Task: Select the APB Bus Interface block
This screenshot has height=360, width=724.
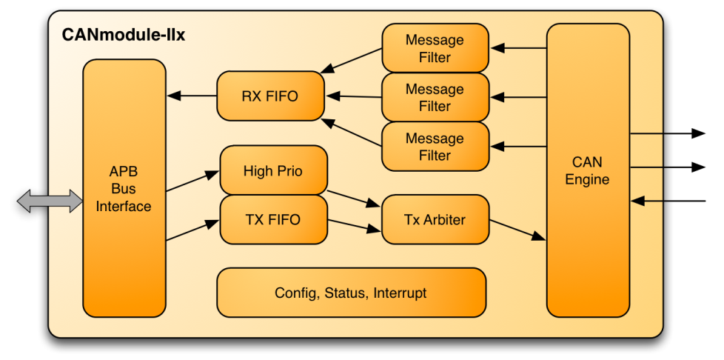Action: point(124,188)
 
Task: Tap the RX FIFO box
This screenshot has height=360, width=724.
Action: point(270,96)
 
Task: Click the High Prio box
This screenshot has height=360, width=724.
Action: point(273,171)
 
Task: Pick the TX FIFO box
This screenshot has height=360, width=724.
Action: point(273,219)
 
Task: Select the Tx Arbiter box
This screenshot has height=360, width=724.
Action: point(435,219)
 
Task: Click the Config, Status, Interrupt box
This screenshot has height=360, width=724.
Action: point(351,293)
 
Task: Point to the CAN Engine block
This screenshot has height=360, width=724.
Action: point(588,170)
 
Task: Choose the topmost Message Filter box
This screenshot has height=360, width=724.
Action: point(435,48)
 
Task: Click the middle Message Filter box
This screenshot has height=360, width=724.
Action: point(435,97)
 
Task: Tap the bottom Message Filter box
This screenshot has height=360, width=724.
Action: point(435,147)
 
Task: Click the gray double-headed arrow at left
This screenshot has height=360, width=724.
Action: point(50,200)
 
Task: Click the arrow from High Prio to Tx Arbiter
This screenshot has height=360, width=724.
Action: point(353,199)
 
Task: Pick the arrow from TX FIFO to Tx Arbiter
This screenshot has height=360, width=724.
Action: point(354,225)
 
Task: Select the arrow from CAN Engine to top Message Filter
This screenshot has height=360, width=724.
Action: point(518,48)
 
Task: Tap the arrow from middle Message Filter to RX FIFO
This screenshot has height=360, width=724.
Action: point(353,96)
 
